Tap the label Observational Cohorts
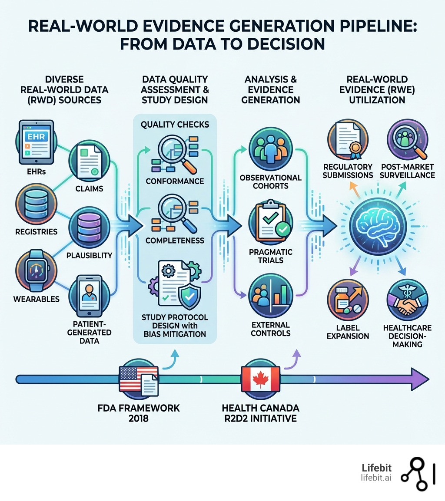[270, 181]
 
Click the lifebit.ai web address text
[376, 478]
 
